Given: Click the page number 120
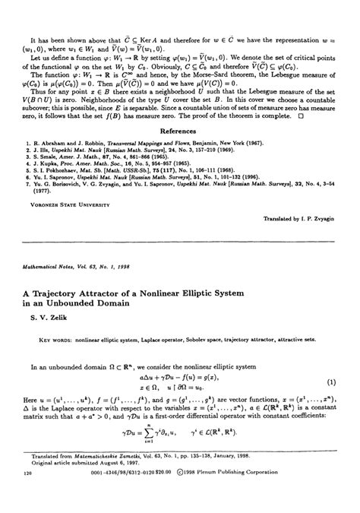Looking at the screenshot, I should coord(28,494).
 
